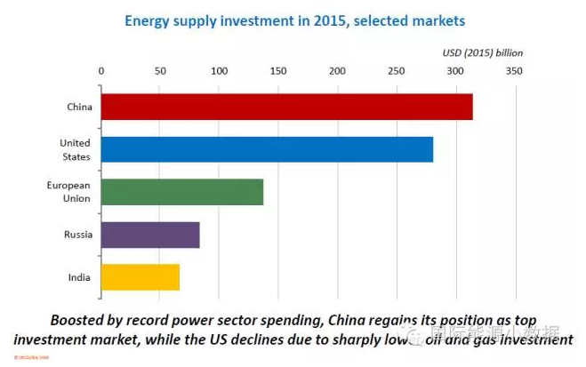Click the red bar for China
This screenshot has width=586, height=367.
tap(286, 107)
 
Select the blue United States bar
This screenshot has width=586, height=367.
tap(267, 149)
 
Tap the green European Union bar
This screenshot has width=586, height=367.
tap(182, 192)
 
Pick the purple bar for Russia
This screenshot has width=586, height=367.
tap(150, 235)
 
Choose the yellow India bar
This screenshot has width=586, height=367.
tap(140, 276)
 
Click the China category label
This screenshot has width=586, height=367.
tap(79, 108)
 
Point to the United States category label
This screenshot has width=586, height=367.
tap(75, 149)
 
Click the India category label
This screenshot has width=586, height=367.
tap(79, 277)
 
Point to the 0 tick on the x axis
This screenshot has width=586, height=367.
tap(101, 71)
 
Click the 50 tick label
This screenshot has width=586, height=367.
tap(160, 71)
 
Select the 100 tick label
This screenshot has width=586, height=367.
tap(219, 71)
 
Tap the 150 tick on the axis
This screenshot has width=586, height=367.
tap(277, 71)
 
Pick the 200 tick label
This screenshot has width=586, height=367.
tap(337, 71)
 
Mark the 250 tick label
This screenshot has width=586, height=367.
tap(396, 71)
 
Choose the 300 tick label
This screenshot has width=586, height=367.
tap(454, 71)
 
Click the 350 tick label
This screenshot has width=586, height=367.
tap(513, 71)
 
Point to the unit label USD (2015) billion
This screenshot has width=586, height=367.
tap(483, 52)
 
